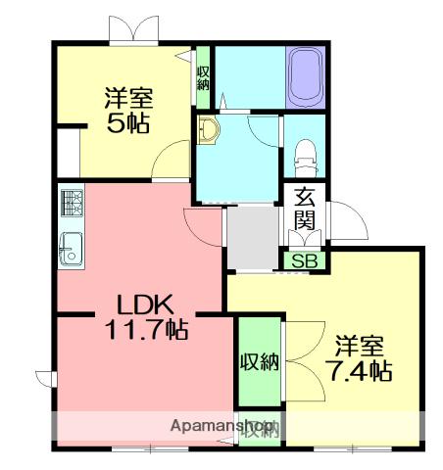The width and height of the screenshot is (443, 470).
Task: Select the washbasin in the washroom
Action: click(207, 130)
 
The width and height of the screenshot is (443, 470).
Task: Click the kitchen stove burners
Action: click(72, 204)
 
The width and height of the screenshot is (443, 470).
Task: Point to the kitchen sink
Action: click(71, 249)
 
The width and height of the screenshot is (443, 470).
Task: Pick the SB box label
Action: click(306, 261)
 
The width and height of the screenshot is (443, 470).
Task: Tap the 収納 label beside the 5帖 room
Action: click(203, 78)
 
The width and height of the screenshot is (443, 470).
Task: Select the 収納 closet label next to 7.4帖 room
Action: click(260, 362)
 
